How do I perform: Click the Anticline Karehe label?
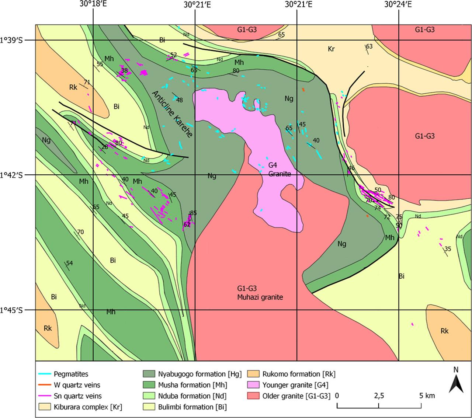tap(172, 115)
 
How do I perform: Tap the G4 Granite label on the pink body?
tap(280, 170)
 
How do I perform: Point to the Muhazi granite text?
tap(260, 297)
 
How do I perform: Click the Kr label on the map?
tap(331, 49)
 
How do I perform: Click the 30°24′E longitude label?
tap(398, 5)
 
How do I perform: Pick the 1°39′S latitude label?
tap(11, 40)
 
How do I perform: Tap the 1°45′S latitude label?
tap(11, 310)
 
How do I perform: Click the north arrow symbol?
tap(456, 384)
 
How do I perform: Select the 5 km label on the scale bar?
tap(428, 396)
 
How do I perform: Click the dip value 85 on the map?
tap(194, 213)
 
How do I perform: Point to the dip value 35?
tap(448, 249)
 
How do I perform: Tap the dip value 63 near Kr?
tap(369, 46)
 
